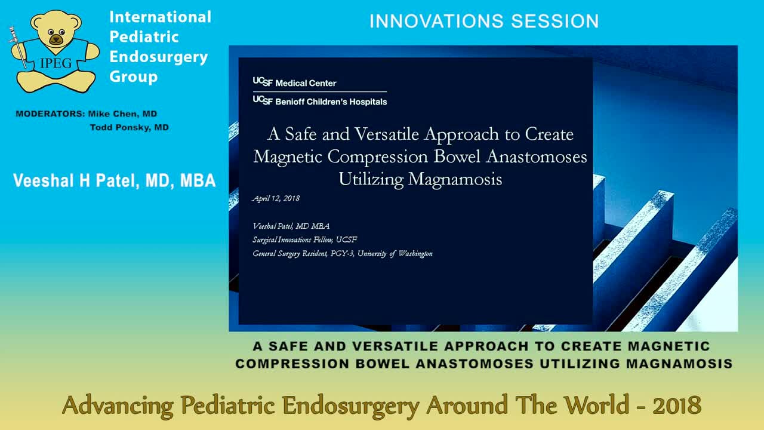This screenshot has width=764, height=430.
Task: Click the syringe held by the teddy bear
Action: pyautogui.click(x=18, y=48)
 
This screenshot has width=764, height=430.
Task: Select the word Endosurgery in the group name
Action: pyautogui.click(x=158, y=57)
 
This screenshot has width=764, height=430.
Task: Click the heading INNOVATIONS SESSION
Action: pyautogui.click(x=483, y=22)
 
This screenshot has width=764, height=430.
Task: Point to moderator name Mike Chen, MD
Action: pyautogui.click(x=122, y=113)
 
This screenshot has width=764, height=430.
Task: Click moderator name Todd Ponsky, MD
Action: pyautogui.click(x=129, y=127)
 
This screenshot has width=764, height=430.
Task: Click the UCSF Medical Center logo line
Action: pyautogui.click(x=295, y=83)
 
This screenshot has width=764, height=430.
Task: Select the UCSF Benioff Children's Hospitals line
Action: pyautogui.click(x=320, y=102)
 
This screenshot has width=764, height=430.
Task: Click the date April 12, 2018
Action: pyautogui.click(x=276, y=198)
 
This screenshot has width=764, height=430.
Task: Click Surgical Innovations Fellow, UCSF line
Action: pyautogui.click(x=304, y=239)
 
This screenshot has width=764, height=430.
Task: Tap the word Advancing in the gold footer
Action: pyautogui.click(x=117, y=406)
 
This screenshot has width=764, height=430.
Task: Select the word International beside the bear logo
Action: pyautogui.click(x=160, y=17)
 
